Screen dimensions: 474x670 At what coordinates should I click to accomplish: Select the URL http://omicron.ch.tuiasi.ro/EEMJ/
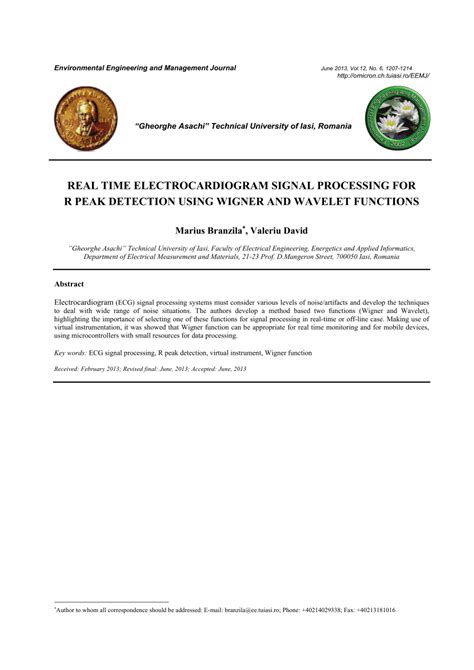[x=383, y=75]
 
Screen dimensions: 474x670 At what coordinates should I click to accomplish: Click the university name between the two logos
[x=242, y=128]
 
